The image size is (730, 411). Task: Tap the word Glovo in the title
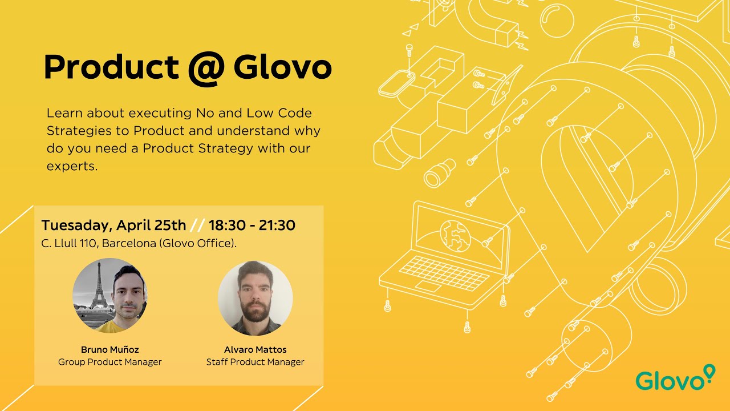coord(282,68)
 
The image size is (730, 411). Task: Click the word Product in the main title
coord(111,68)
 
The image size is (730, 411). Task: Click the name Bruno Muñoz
coord(110,349)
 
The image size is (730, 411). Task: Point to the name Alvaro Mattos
coord(255,349)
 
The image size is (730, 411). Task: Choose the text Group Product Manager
coord(110,362)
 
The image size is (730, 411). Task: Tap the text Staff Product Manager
coord(255,362)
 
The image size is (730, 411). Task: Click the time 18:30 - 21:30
coord(252,225)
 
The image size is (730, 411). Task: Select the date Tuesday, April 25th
coord(113,225)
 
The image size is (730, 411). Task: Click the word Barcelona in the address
coord(129,243)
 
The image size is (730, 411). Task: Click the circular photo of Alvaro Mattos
coord(255,299)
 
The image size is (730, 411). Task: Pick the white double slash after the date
coord(197,225)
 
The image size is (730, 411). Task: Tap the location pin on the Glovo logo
coord(709,372)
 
